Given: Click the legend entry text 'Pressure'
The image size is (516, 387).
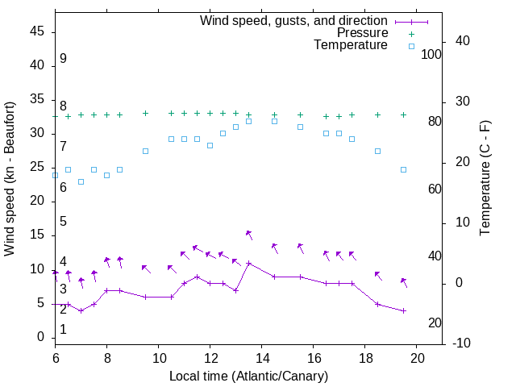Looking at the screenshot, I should tap(362, 33).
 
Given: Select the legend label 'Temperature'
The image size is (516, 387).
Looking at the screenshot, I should tap(351, 46).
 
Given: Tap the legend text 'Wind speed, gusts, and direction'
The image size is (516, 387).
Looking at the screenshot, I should tap(293, 20).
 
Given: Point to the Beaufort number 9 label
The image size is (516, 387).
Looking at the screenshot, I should tap(63, 59).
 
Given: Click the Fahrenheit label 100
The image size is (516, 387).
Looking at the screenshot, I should tap(431, 55).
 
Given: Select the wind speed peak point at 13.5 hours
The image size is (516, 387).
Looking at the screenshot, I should tap(248, 263).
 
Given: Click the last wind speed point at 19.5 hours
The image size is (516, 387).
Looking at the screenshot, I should tap(403, 310).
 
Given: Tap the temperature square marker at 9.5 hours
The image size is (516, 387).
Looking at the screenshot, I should tap(145, 151).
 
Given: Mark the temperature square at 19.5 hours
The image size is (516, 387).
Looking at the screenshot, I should tap(403, 169).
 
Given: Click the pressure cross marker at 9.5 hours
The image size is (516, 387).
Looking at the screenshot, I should tap(145, 114).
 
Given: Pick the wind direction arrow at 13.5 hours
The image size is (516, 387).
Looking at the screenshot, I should tap(249, 235).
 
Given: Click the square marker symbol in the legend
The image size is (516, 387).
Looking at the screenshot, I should tap(410, 46).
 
